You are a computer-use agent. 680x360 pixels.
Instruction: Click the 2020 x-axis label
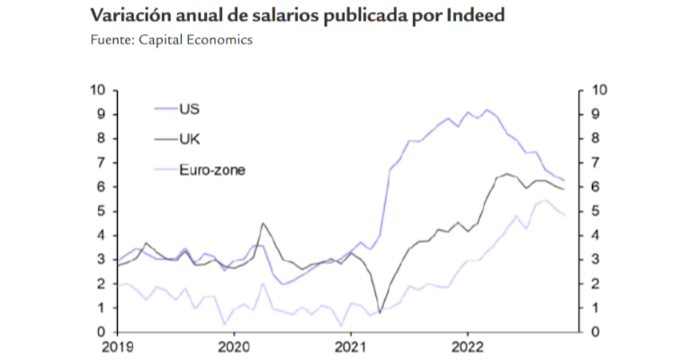tap(234, 346)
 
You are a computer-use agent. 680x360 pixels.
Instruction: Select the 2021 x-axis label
tap(351, 346)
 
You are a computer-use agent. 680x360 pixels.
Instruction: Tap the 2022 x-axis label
tap(469, 346)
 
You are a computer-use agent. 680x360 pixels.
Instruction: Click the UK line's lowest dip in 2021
tap(380, 312)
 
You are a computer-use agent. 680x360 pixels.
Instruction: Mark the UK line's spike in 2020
tap(263, 223)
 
